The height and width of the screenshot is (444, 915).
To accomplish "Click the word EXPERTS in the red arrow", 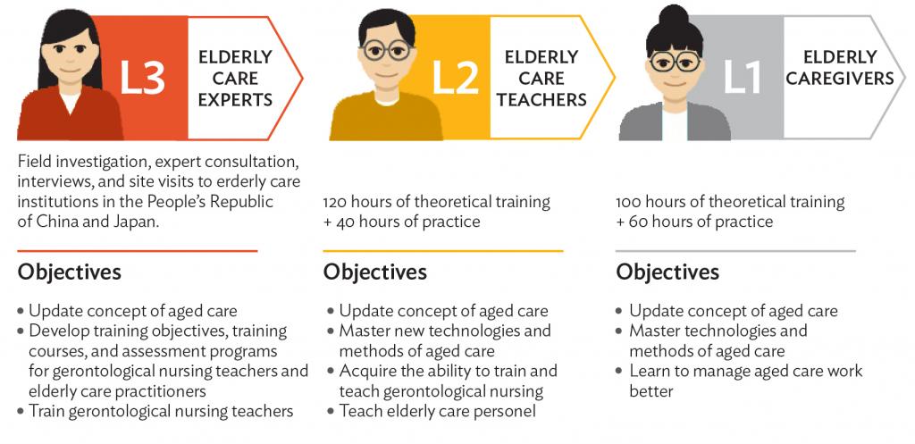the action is point(235,100).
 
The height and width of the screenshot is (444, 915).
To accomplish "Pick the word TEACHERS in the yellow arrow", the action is point(541,100).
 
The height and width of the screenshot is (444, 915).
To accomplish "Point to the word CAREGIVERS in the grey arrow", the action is point(840,79).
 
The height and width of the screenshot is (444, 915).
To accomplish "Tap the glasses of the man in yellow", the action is point(386,51).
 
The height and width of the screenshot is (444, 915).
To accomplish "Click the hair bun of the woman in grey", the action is point(675,14).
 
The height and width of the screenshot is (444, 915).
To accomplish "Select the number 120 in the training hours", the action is point(336,203).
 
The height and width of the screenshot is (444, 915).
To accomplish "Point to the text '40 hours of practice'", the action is point(407,222).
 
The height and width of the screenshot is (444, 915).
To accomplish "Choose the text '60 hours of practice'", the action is point(701,222).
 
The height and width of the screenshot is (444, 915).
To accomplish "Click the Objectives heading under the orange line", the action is point(70,272).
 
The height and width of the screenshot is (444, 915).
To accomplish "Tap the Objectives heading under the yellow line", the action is point(375,272).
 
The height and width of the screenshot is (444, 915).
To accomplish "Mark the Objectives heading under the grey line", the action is point(667,272).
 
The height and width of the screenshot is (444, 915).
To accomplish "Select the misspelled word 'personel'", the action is point(508,411).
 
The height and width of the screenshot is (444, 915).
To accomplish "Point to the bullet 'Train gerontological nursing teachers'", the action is point(155,411).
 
